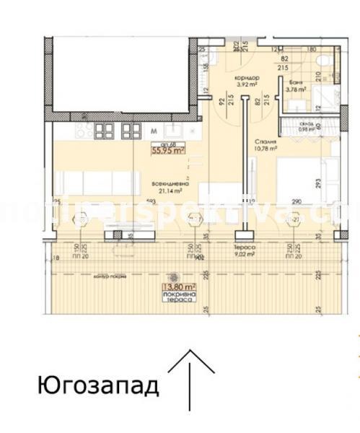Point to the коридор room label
click(x=247, y=78)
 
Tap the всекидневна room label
click(x=171, y=183)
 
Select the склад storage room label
click(x=307, y=125)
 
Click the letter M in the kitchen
click(x=154, y=131)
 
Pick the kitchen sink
click(x=173, y=131)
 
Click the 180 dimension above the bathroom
click(x=312, y=50)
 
